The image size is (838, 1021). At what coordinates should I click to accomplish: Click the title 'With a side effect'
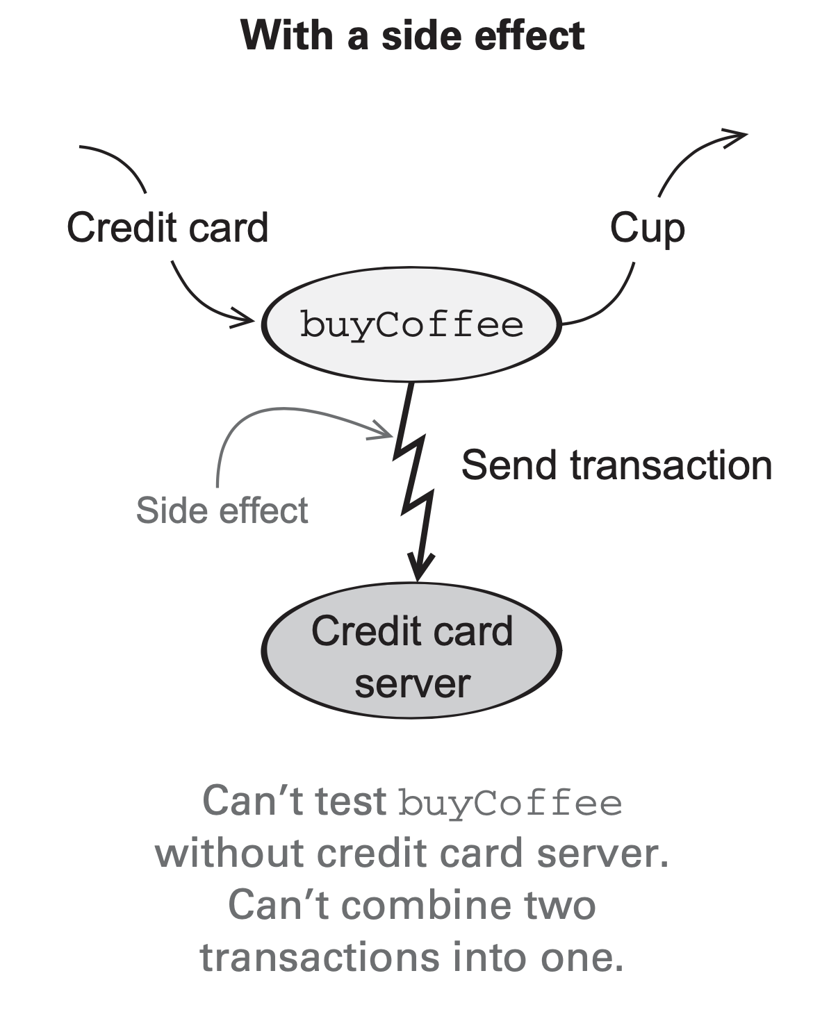(412, 36)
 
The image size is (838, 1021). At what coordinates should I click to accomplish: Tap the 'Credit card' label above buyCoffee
(167, 227)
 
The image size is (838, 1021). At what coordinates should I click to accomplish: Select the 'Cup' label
(647, 228)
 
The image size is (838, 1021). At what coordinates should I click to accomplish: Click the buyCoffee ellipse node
(411, 324)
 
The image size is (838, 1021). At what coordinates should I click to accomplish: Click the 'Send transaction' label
(616, 465)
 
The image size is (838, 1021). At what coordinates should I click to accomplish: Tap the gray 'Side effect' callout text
(222, 511)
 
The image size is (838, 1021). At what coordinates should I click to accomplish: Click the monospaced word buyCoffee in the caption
(510, 803)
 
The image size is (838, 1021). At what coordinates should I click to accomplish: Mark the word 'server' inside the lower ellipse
(412, 684)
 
